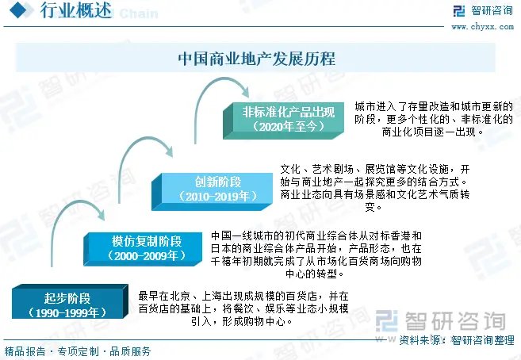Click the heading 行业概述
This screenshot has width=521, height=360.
pos(75,10)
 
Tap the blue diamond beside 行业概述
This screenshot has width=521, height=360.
pos(18,10)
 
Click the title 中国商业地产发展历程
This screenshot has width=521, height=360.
pos(257,59)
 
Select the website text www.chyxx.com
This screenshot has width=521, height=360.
pos(482,27)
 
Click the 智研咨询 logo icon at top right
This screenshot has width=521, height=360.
pos(459,10)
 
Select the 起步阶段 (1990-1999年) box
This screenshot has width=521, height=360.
pos(70,301)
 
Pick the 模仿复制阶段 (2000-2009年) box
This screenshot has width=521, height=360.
pos(144,249)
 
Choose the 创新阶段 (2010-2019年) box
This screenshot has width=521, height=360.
pos(212,192)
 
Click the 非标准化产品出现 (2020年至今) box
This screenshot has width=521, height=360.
pos(283,121)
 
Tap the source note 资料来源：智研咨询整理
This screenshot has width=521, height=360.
pos(457,340)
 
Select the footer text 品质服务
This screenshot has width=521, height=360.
pos(130,351)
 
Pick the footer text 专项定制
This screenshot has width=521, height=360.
pos(78,351)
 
